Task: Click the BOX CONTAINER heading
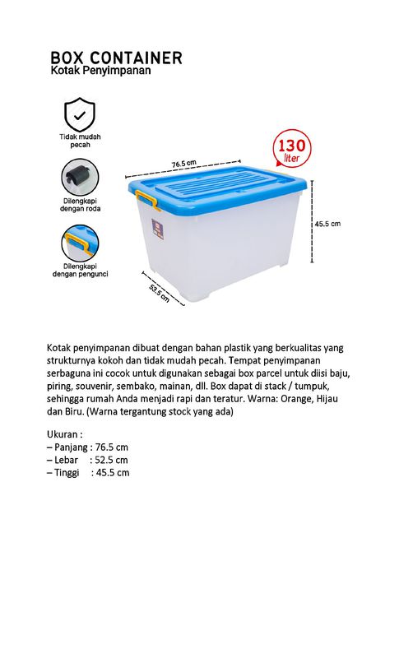(116, 58)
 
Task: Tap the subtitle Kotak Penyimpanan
(100, 72)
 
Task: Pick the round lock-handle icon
(80, 243)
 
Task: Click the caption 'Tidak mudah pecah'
(80, 141)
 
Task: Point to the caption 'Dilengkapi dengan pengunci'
(80, 271)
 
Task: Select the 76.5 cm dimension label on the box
(183, 163)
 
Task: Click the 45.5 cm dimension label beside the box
(327, 223)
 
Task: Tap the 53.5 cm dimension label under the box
(159, 294)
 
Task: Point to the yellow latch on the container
(146, 199)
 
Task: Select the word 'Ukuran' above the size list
(65, 433)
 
